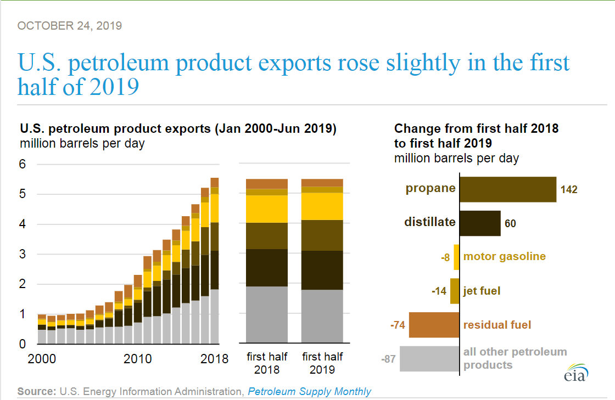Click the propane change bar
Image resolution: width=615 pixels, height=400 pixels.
click(507, 189)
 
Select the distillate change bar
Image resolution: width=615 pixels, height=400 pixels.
click(479, 223)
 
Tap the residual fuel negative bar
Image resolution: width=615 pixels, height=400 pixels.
click(434, 325)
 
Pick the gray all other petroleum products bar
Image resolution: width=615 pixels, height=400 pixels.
click(429, 359)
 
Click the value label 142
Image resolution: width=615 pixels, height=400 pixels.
click(569, 190)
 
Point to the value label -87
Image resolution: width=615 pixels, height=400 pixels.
click(389, 360)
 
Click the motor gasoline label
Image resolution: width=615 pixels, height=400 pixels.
click(505, 256)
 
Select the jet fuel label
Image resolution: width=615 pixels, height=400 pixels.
click(482, 291)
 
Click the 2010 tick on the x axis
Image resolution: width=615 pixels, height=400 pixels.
click(138, 359)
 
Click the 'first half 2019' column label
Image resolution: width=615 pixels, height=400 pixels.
click(322, 363)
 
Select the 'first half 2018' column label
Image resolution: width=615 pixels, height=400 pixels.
click(267, 363)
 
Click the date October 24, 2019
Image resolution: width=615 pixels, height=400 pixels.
click(70, 26)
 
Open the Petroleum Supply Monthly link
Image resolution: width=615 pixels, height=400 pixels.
click(309, 391)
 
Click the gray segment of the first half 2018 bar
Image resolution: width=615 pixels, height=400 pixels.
click(267, 314)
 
